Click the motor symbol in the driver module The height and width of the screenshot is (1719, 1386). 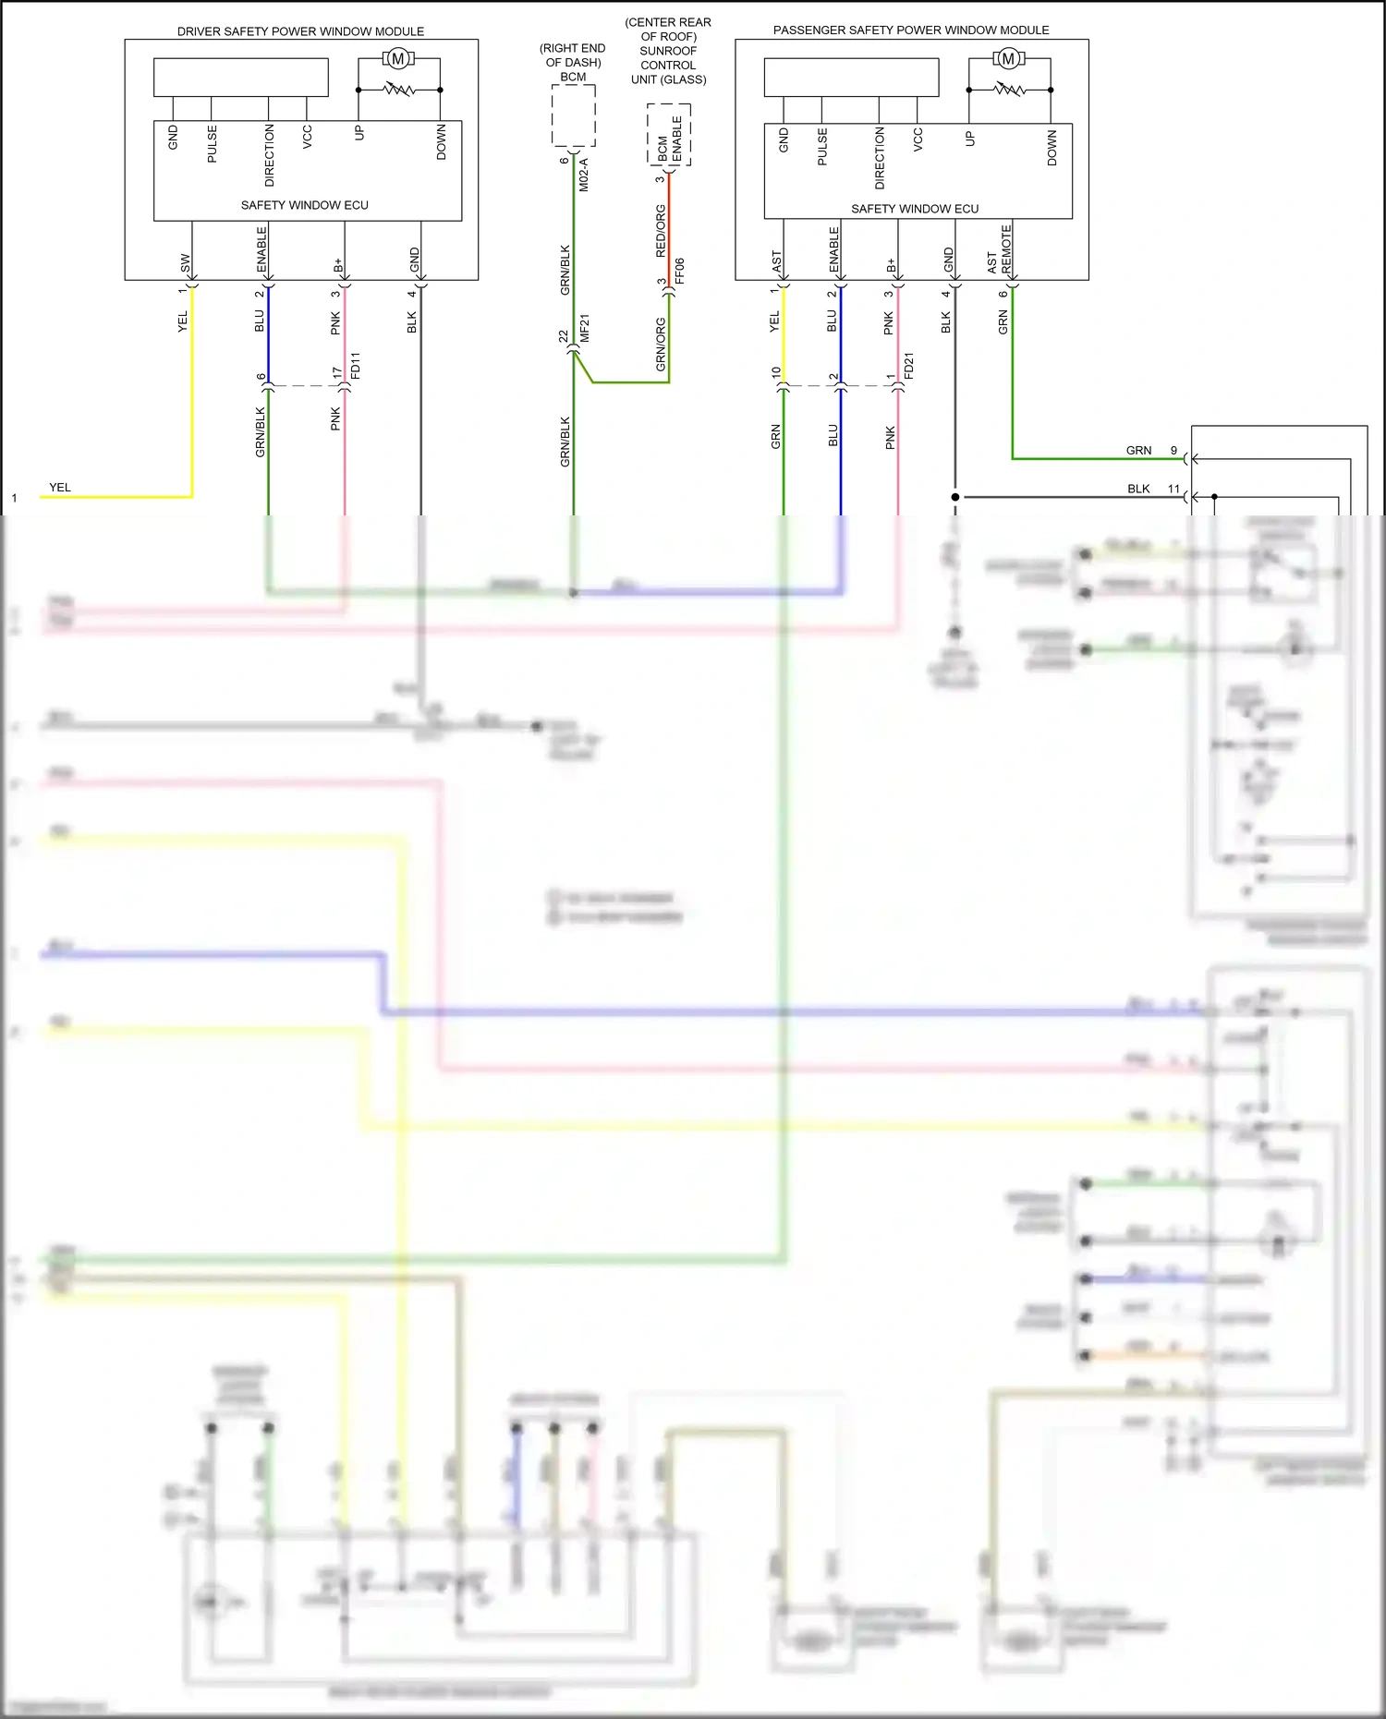point(397,59)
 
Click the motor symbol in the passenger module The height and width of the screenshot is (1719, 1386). point(1008,59)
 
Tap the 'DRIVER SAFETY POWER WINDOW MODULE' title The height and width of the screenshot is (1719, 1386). point(300,31)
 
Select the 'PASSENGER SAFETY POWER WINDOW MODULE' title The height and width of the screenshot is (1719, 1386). point(911,30)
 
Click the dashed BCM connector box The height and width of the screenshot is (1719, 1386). point(574,115)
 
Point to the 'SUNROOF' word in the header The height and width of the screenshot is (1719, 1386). point(668,51)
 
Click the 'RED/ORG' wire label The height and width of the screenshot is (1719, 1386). point(661,231)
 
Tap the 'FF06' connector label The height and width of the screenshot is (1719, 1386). point(680,271)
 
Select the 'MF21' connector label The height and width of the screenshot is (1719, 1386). point(585,329)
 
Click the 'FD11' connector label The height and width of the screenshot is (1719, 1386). point(356,365)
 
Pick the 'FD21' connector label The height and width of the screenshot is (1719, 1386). point(909,366)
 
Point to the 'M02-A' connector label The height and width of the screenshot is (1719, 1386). point(584,175)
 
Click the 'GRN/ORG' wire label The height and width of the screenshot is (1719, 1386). point(661,345)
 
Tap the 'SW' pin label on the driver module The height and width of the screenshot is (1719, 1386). point(185,262)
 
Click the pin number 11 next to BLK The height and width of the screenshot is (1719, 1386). point(1173,489)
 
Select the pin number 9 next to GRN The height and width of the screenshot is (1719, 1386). point(1173,450)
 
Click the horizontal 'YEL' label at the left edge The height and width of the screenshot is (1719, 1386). point(60,487)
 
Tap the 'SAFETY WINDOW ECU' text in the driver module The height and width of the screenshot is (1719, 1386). point(304,205)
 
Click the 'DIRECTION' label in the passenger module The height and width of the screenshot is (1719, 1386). point(880,158)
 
